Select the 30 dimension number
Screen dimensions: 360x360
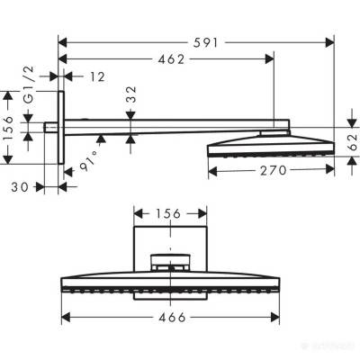pyautogui.click(x=34, y=187)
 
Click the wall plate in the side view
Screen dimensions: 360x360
pyautogui.click(x=62, y=128)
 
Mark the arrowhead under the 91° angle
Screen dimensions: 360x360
pyautogui.click(x=101, y=139)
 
